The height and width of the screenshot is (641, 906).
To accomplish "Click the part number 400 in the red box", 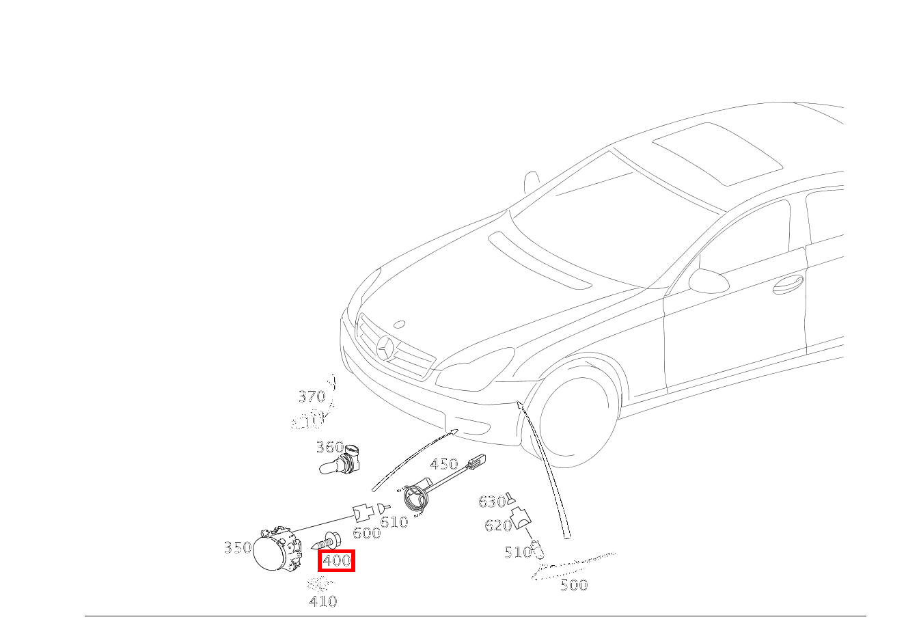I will pos(337,561).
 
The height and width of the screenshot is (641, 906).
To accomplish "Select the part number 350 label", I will pos(237,547).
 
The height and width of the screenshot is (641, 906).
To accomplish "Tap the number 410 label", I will pos(323,601).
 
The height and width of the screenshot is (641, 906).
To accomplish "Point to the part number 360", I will pos(329,448).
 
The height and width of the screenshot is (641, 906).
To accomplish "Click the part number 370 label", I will pos(312,396).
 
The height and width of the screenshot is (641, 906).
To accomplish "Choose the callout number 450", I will pos(443,465).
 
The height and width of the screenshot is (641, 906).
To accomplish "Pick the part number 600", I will pos(366,533).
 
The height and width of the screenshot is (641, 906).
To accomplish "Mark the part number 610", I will pos(394,523).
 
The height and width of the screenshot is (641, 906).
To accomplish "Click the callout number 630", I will pos(491,502).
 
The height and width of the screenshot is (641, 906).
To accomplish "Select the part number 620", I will pos(498,526).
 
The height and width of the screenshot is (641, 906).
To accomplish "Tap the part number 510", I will pos(517,552).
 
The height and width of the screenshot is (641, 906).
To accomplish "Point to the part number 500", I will pos(574,585).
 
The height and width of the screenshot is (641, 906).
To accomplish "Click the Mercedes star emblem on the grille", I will pos(385,348).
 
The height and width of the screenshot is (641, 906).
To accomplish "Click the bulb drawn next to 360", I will pos(339,463).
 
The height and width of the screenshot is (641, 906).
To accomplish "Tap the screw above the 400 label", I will pos(327,541).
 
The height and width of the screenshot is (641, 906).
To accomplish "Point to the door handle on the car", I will pos(788,284).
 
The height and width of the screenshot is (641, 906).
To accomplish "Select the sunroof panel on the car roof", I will pos(717,154).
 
